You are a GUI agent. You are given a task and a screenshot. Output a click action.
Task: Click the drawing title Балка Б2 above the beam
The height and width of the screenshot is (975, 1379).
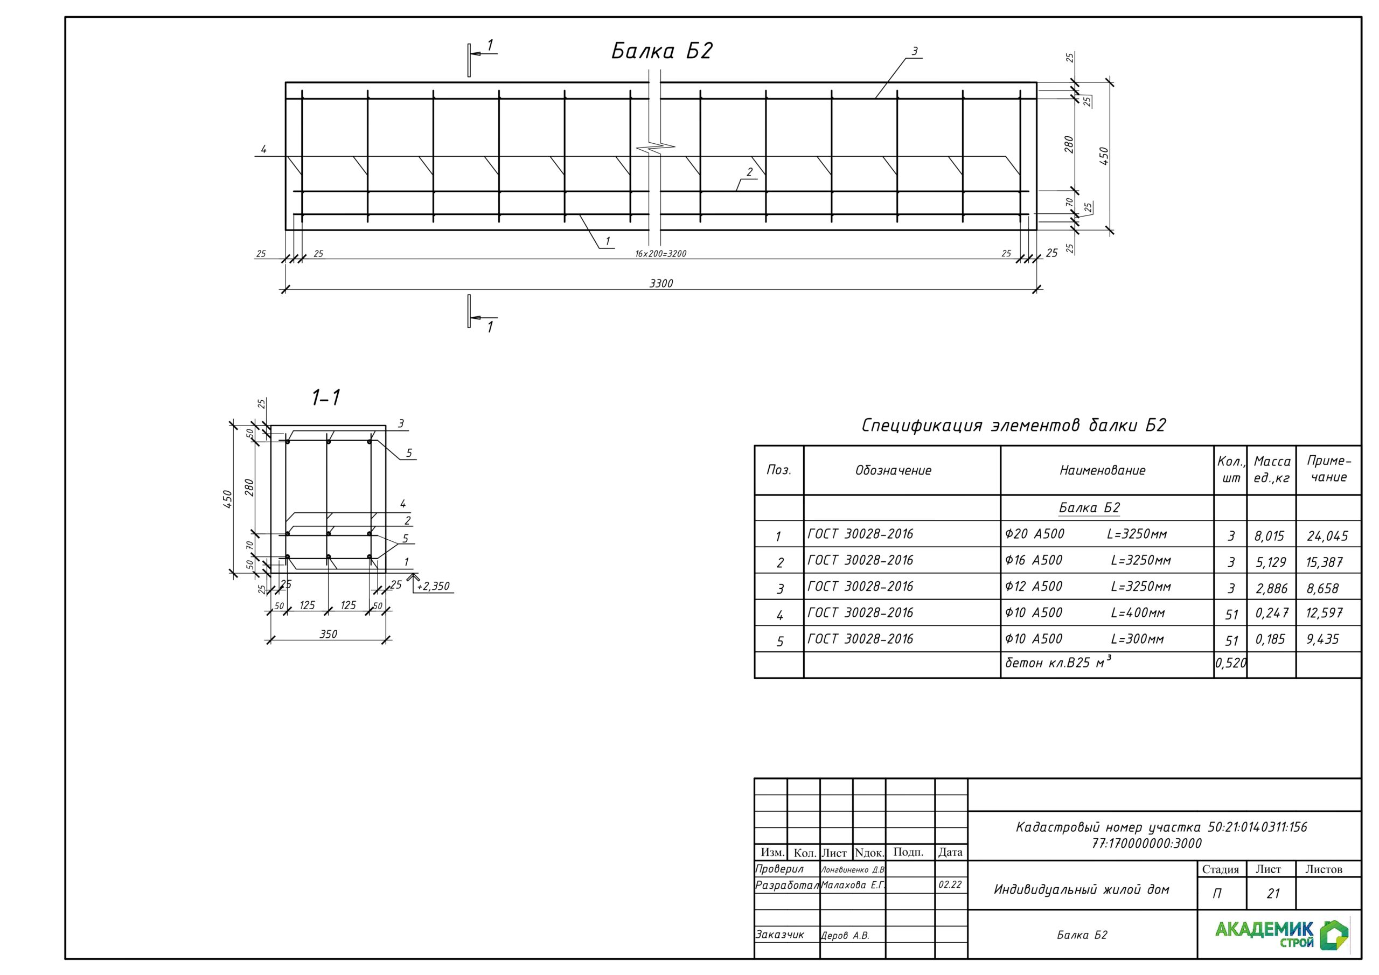click(661, 51)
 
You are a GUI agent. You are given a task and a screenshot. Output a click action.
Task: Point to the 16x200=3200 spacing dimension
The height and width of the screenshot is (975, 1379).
click(660, 254)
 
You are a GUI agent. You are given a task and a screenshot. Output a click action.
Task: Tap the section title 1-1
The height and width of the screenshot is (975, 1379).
click(325, 398)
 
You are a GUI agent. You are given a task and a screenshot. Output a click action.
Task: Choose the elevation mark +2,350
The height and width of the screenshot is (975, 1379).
click(433, 586)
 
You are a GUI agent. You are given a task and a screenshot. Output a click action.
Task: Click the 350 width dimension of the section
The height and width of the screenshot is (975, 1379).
click(328, 634)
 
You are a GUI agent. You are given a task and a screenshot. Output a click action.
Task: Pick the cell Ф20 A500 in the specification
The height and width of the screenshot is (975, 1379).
click(1034, 533)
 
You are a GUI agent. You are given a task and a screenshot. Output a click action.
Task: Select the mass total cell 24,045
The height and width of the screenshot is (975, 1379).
click(1327, 536)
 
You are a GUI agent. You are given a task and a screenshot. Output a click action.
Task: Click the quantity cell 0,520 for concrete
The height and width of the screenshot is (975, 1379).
click(1231, 663)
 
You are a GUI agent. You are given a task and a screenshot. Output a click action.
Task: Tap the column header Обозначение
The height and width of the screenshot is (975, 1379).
click(893, 470)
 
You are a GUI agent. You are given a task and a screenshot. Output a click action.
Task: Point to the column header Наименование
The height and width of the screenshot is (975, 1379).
click(1102, 470)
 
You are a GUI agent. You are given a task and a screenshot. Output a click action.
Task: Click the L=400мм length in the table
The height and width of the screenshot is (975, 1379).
click(1138, 613)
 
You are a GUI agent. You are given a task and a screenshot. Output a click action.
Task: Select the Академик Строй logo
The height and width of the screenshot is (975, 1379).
click(1282, 934)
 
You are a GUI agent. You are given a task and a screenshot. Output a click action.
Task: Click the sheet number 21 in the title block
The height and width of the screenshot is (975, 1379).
click(1273, 893)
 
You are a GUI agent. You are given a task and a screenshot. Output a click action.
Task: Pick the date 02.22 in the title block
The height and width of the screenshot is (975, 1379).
click(950, 885)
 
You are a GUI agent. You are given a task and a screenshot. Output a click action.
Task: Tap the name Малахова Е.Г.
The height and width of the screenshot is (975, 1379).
click(853, 885)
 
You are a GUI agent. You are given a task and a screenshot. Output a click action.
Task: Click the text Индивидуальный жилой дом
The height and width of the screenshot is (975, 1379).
click(1081, 890)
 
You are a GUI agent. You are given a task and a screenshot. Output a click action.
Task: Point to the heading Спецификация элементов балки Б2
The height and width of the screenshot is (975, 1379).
click(1013, 426)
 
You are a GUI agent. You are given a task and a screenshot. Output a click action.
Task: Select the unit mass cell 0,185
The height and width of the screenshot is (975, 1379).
click(1271, 639)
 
